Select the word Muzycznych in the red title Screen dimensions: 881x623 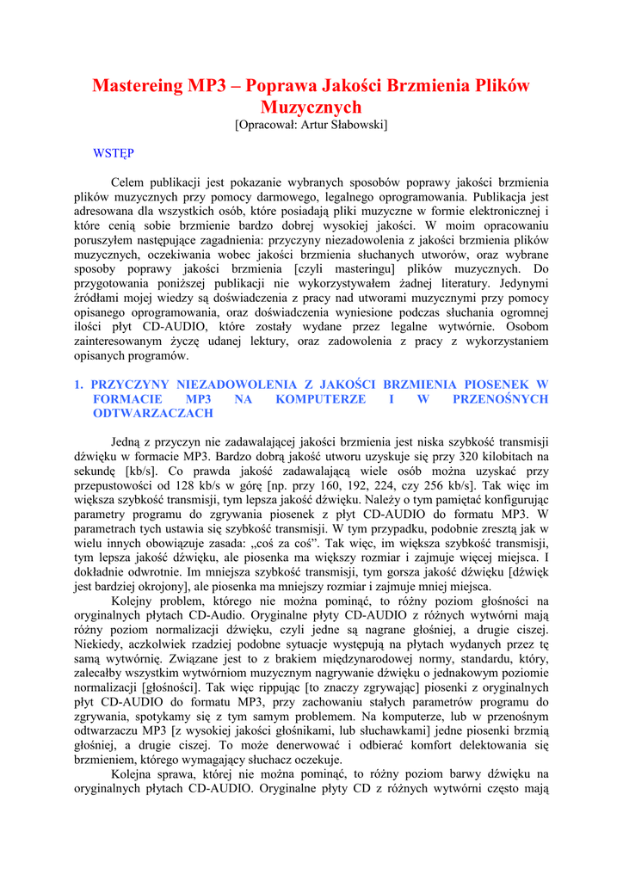pyautogui.click(x=311, y=108)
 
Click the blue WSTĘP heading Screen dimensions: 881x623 pyautogui.click(x=113, y=153)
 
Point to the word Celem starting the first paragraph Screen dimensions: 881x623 pyautogui.click(x=129, y=182)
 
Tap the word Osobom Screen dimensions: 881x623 pyautogui.click(x=527, y=328)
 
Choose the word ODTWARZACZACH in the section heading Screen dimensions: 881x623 pyautogui.click(x=152, y=414)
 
